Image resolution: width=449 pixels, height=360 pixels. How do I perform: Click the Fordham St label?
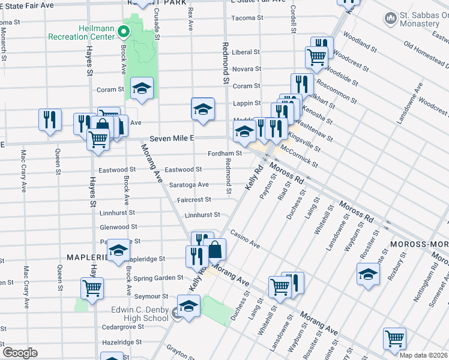pos(224,153)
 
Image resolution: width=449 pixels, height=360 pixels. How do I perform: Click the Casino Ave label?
pos(244,240)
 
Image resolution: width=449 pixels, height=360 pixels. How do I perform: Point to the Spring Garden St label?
pos(158,278)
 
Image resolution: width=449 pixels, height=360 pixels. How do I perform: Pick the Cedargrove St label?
pos(122,327)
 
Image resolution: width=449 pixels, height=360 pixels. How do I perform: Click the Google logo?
pos(20,352)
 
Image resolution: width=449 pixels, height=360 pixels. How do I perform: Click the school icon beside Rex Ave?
pos(203,109)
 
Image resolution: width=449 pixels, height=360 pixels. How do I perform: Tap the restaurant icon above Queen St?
pos(50,119)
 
